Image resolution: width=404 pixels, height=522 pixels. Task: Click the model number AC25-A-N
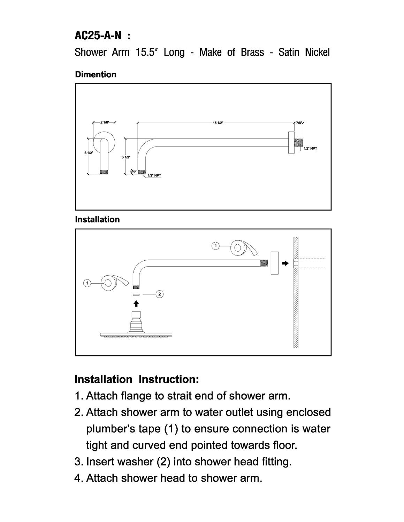98,36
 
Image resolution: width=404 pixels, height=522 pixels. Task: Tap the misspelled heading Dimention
96,74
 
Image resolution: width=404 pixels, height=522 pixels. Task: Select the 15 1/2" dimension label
218,123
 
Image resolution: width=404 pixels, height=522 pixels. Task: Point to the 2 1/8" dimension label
105,122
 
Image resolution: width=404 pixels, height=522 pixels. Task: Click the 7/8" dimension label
299,123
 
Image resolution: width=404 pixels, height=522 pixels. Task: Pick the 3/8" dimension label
132,172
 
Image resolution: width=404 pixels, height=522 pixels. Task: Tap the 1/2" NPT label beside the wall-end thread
310,149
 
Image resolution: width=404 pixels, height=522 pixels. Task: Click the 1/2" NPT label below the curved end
154,176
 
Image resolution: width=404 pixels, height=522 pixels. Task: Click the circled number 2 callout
160,294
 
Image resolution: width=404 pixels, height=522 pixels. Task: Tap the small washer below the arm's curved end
136,294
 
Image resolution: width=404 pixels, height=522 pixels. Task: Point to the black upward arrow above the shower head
136,304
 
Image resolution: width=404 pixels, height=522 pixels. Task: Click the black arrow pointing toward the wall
285,263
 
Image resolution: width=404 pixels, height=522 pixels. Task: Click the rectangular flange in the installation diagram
275,263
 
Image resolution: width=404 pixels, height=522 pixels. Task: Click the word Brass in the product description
252,52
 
